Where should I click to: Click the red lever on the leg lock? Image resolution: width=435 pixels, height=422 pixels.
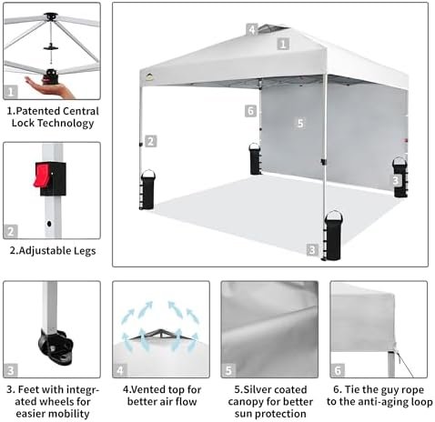point(41,176)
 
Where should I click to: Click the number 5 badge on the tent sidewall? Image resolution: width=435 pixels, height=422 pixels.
point(300,123)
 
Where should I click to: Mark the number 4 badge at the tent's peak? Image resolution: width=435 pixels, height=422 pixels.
point(252,30)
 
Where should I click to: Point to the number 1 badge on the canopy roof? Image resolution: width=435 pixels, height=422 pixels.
point(283,45)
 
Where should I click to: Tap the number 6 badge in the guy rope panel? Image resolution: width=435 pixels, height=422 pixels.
point(338,370)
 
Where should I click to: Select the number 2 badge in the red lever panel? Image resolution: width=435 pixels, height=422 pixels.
point(11,232)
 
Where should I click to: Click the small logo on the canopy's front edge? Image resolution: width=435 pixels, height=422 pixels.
point(149,77)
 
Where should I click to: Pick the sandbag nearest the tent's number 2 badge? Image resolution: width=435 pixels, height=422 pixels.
point(148,189)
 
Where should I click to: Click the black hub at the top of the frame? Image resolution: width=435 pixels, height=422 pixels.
point(51,16)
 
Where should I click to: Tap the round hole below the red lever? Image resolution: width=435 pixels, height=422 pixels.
point(49,224)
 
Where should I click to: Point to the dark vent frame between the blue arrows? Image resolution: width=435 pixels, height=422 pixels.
point(160,335)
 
